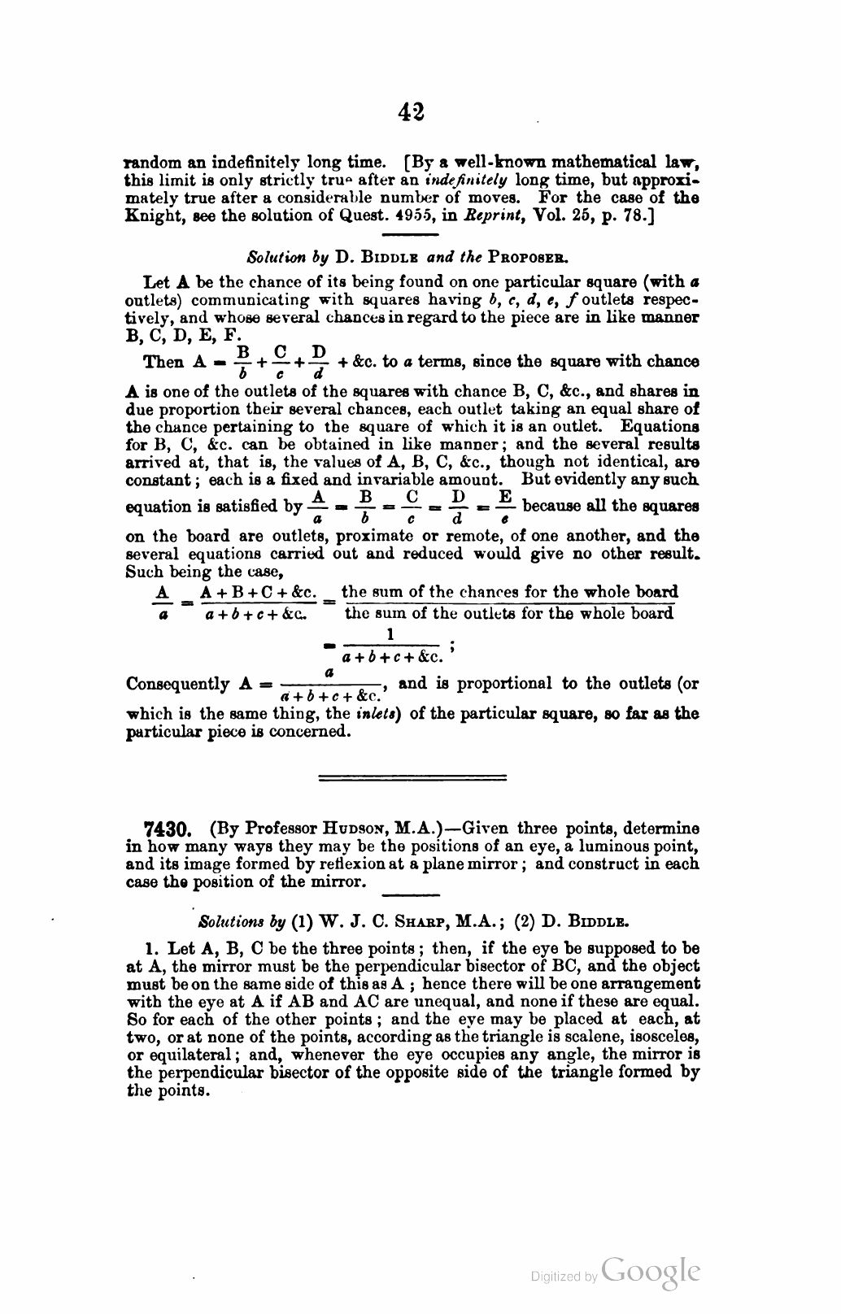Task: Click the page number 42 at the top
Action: [x=412, y=111]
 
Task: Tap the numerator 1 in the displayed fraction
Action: [x=390, y=634]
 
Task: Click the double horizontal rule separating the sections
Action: [x=412, y=778]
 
